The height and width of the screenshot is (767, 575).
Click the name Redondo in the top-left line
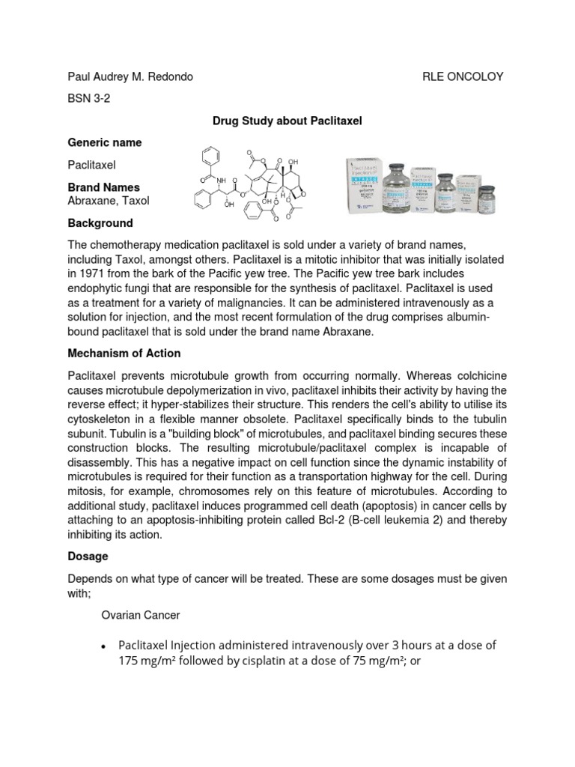click(x=171, y=76)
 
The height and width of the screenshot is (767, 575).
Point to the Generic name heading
click(x=104, y=142)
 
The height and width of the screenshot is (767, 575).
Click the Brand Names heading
click(x=103, y=187)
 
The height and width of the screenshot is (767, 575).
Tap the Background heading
click(x=100, y=223)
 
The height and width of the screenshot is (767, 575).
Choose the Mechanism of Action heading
click(x=124, y=353)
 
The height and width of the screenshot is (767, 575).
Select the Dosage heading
click(x=88, y=557)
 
